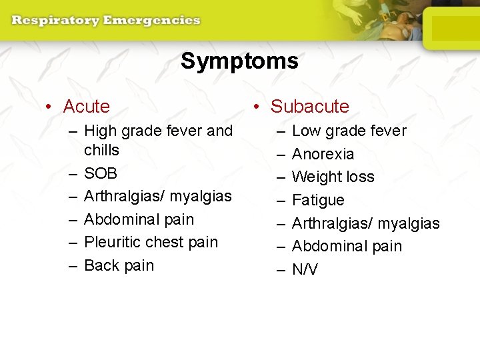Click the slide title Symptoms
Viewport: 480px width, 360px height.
point(239,61)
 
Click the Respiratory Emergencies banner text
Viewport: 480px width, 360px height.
point(105,20)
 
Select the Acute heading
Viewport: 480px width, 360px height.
point(86,107)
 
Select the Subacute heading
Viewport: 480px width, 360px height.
point(309,107)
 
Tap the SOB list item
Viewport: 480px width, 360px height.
point(101,173)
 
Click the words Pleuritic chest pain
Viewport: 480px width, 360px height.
point(151,242)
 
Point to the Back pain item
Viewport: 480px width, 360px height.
point(119,265)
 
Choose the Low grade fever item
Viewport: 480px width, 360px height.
point(349,131)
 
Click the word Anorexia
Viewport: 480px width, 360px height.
point(323,154)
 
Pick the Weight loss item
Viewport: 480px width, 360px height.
point(333,177)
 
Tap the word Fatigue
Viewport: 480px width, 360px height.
point(319,200)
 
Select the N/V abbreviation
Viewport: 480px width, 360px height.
point(305,269)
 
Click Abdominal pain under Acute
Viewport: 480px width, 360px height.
point(139,219)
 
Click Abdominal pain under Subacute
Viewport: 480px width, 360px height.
point(347,246)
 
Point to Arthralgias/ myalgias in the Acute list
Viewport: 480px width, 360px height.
point(158,196)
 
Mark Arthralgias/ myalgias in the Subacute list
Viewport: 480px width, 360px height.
point(366,223)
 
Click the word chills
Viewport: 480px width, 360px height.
point(102,150)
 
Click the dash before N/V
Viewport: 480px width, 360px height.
point(278,269)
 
